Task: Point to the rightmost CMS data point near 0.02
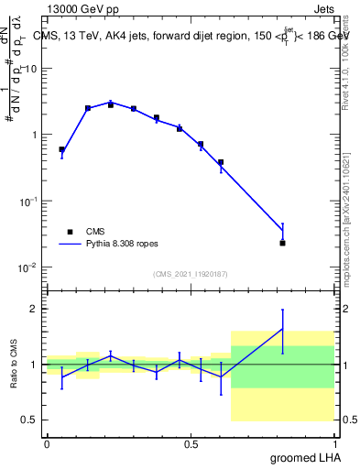click(283, 243)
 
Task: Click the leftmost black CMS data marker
click(61, 149)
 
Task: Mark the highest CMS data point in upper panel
click(111, 104)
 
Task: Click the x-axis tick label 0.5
click(191, 444)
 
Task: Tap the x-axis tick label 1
click(335, 444)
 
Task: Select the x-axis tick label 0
click(47, 444)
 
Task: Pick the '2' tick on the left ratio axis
click(34, 309)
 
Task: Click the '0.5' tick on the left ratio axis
click(30, 420)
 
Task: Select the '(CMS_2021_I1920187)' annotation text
click(191, 273)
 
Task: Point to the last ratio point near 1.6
click(283, 329)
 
